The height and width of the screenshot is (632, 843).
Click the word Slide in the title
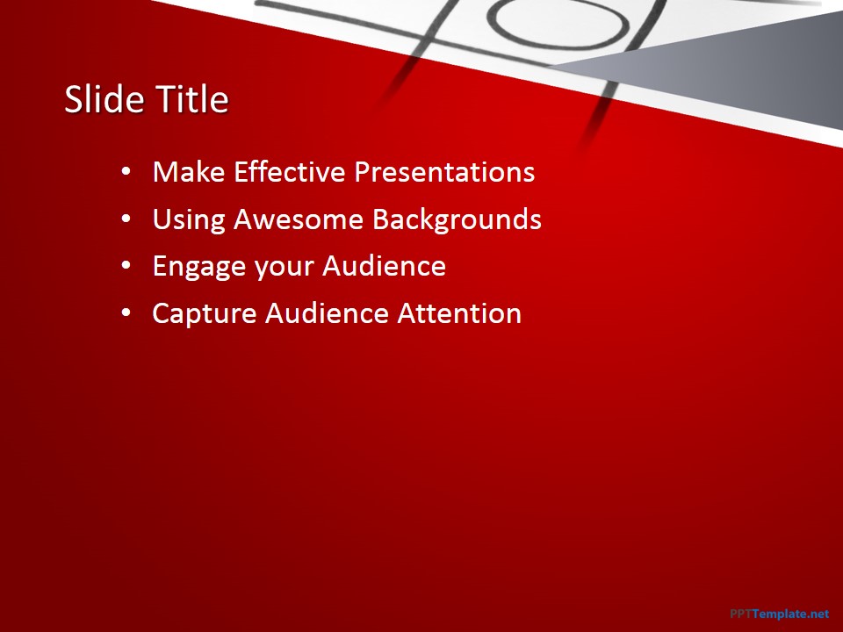pyautogui.click(x=104, y=99)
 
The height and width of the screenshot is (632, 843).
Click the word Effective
pyautogui.click(x=289, y=172)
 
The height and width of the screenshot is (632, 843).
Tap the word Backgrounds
pyautogui.click(x=457, y=219)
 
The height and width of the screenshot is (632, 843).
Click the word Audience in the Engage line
pyautogui.click(x=384, y=266)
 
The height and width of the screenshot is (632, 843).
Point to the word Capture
pyautogui.click(x=205, y=314)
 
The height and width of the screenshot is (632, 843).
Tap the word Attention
pyautogui.click(x=459, y=313)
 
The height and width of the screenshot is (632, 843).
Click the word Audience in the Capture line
pyautogui.click(x=327, y=313)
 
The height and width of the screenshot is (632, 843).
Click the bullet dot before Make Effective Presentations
pyautogui.click(x=126, y=172)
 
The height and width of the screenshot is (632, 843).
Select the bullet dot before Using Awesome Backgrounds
pyautogui.click(x=126, y=219)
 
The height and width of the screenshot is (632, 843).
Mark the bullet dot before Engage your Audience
pyautogui.click(x=126, y=266)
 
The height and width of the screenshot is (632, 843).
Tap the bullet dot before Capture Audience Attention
pyautogui.click(x=126, y=313)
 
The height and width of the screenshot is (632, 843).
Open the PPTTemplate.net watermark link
pyautogui.click(x=780, y=614)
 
